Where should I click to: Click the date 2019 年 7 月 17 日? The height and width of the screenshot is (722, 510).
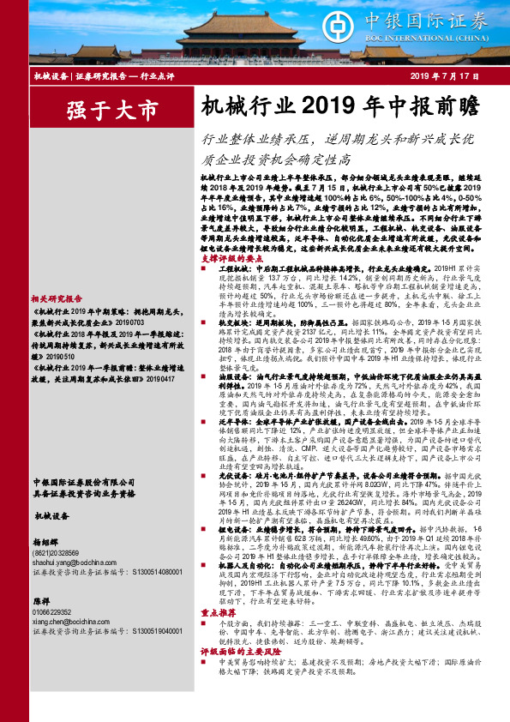(x=453, y=78)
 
